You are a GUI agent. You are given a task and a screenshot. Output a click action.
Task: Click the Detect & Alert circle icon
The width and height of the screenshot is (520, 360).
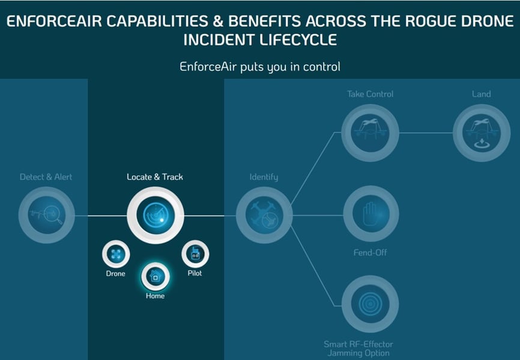coord(46,215)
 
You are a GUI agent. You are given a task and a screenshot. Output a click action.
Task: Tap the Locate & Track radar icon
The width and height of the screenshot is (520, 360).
coord(155,215)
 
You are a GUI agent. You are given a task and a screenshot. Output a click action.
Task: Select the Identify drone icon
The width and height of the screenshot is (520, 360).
coord(264,215)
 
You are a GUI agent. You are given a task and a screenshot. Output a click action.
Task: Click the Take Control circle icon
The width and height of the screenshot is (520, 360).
coord(370,133)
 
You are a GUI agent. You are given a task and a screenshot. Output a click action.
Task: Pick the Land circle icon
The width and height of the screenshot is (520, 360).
coord(481,133)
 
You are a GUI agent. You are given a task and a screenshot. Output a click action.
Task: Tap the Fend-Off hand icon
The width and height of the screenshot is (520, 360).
coord(370,215)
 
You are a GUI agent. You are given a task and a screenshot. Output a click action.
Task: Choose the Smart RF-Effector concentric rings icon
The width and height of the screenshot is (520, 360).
coord(370,304)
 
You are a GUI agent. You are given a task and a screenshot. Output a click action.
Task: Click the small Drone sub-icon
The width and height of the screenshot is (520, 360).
coord(116,255)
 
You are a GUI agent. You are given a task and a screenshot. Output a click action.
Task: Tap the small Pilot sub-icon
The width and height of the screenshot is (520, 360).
coord(195,255)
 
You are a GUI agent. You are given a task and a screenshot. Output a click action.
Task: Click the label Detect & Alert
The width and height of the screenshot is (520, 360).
coord(46,177)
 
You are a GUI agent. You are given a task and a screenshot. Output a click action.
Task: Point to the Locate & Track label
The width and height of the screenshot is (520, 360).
coord(155,177)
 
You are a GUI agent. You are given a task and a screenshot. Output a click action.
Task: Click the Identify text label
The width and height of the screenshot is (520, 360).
coord(264,177)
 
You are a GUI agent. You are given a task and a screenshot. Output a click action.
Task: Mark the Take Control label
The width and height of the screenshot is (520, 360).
coord(370,94)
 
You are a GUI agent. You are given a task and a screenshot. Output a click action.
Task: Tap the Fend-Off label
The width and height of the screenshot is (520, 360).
coord(370,253)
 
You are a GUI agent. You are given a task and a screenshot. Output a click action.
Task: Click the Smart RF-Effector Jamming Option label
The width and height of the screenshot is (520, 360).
coord(358,349)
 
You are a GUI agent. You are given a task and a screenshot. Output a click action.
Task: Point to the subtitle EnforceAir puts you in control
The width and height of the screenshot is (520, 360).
coord(260,66)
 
